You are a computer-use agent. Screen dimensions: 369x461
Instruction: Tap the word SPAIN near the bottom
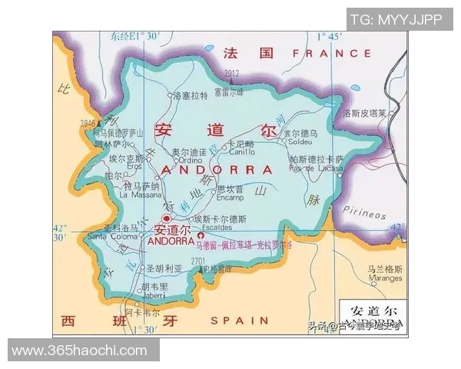point(240,320)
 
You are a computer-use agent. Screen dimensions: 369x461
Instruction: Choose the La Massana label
point(139,194)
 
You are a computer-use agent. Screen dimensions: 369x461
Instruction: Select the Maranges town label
point(384,278)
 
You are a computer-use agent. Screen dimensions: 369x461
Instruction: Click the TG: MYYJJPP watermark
point(396,19)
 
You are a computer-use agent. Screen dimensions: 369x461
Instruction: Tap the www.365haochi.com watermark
point(80,350)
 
